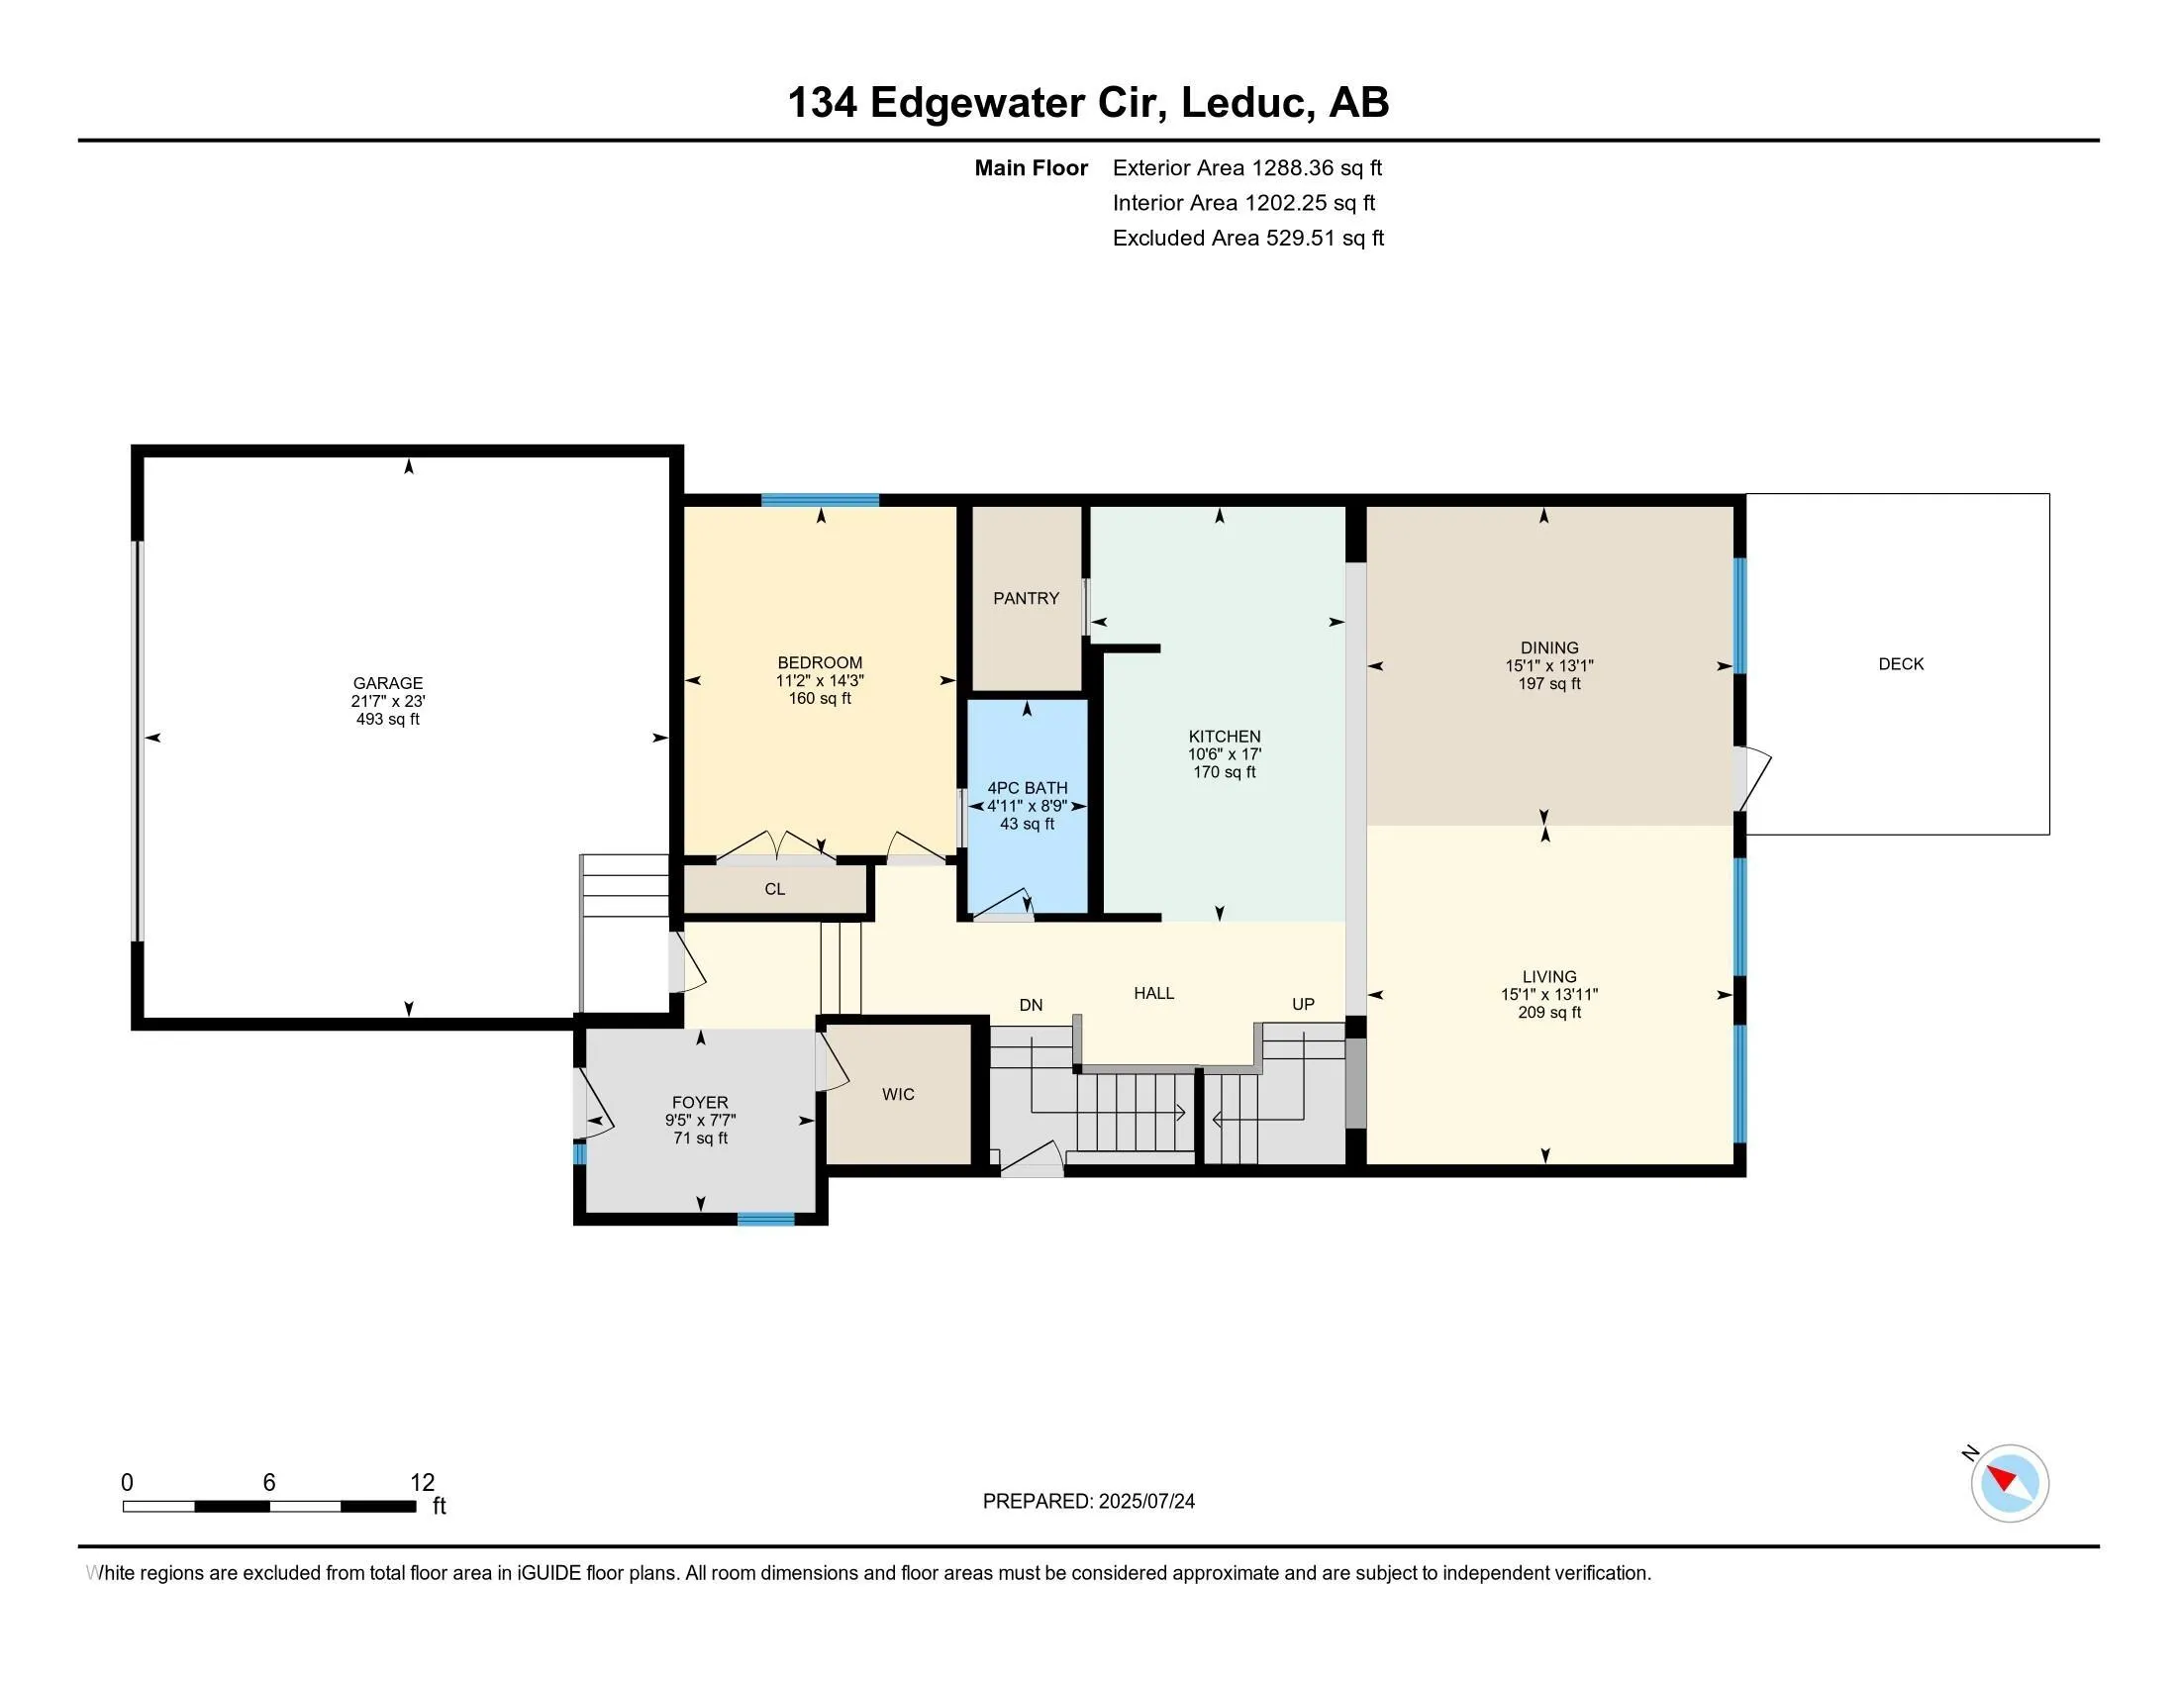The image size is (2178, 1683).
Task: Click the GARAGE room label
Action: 388,683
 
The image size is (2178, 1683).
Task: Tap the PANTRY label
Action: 1027,598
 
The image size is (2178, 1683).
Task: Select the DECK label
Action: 1901,664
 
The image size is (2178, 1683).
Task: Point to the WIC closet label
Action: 898,1094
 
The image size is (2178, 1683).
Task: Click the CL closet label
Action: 775,889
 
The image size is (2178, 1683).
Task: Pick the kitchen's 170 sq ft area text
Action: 1225,772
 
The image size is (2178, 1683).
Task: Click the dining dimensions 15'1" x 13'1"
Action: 1549,666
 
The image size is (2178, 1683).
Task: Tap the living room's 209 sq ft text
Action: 1549,1012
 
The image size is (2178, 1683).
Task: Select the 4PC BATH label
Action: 1028,788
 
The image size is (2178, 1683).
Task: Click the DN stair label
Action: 1032,1005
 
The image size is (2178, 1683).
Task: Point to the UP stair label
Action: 1304,1004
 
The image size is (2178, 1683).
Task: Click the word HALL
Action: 1153,993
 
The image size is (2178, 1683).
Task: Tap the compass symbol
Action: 2010,1483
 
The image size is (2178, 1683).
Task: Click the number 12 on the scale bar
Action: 423,1483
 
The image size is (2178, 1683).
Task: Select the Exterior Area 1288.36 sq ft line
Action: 1247,167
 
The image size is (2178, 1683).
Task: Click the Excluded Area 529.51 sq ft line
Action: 1248,238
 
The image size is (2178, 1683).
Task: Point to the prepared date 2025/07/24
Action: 1145,1502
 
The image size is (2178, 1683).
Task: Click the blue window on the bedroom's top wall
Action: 820,501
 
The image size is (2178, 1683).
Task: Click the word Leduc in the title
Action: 1244,102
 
